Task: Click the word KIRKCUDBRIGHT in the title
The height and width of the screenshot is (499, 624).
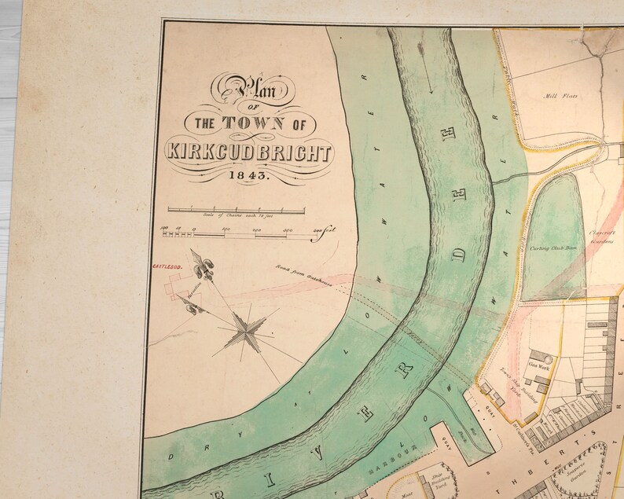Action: coord(248,152)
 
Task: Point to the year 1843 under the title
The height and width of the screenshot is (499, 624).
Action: coord(248,176)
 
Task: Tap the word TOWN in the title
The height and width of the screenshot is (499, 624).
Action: coord(252,123)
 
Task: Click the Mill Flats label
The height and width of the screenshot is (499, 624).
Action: coord(560,96)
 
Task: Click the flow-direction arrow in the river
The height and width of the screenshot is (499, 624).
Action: coord(428,75)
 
